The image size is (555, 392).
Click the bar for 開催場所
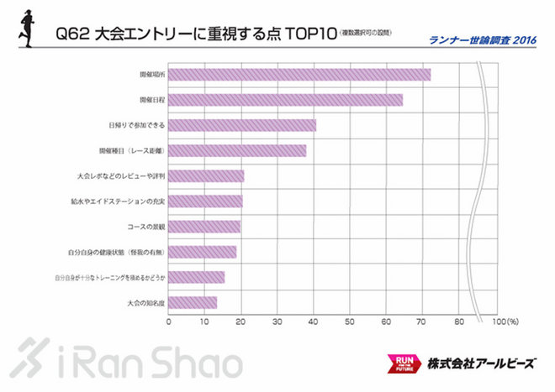point(299,75)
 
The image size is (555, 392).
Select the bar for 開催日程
point(286,100)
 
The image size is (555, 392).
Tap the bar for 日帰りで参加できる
point(242,125)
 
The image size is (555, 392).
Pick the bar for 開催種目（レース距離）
point(237,151)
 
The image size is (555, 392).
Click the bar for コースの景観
point(204,227)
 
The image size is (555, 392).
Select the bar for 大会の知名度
point(193,302)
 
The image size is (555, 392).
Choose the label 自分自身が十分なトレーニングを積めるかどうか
point(109,277)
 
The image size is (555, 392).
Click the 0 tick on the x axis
point(169,321)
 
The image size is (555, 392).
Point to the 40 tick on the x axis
point(314,321)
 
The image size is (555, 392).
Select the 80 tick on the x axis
point(458,321)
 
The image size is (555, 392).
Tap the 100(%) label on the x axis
point(503,321)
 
